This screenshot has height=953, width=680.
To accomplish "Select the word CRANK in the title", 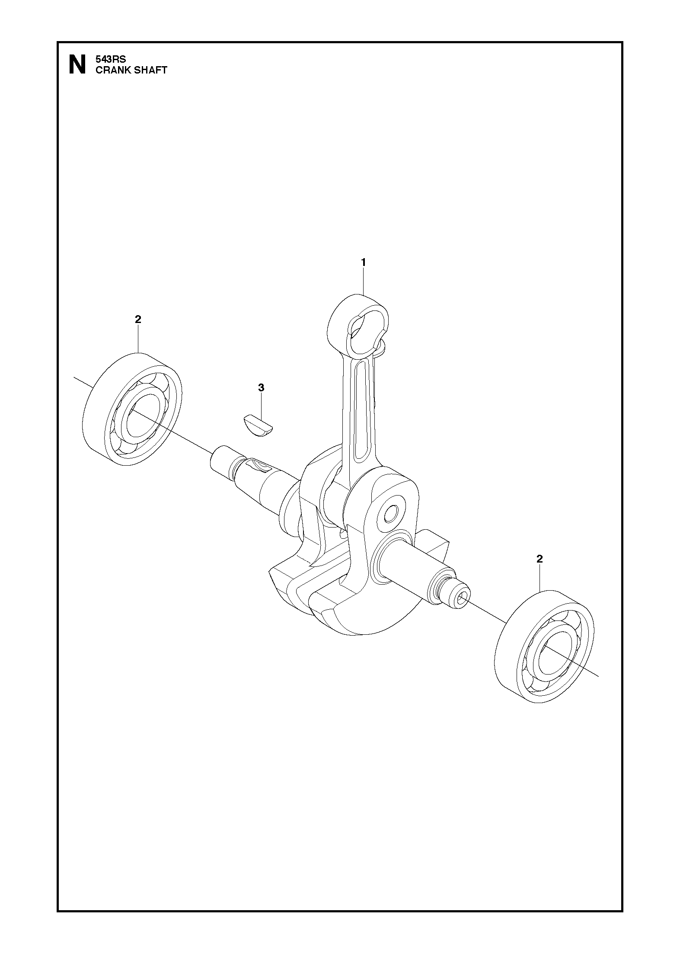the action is [111, 70].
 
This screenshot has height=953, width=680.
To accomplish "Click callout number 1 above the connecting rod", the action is [364, 262].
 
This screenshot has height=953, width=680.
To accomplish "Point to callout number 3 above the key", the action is [261, 388].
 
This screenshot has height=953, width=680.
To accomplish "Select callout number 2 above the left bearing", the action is [138, 319].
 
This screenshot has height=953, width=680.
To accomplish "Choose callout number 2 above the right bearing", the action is [539, 559].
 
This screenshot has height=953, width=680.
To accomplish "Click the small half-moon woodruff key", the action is [258, 426].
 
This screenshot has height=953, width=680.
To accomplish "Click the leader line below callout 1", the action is [364, 282].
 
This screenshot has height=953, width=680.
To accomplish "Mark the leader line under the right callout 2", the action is [540, 577].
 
